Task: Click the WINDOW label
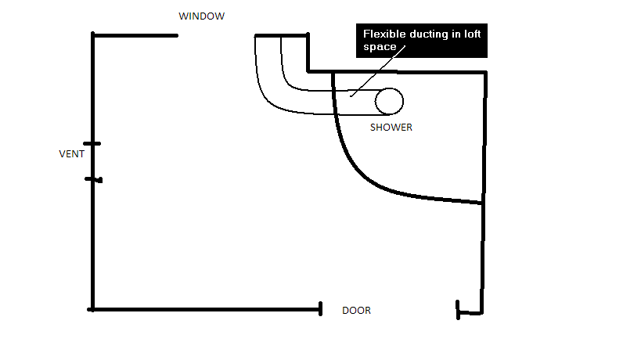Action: click(202, 16)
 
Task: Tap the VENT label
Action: click(71, 154)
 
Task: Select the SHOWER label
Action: click(391, 128)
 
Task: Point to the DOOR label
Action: click(356, 311)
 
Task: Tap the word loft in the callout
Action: click(473, 34)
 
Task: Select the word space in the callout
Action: click(380, 48)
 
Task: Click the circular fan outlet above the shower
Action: click(389, 101)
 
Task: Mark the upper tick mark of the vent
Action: click(92, 144)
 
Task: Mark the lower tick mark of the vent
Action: click(94, 179)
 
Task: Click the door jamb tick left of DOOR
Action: click(321, 309)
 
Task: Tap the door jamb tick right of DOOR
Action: click(458, 310)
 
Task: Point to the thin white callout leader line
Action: click(378, 71)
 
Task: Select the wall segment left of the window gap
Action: click(135, 35)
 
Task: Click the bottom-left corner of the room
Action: click(93, 310)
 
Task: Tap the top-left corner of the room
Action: click(93, 35)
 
